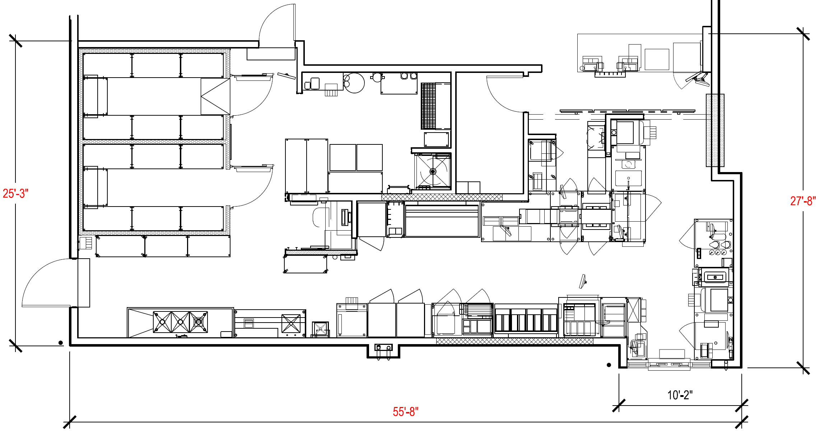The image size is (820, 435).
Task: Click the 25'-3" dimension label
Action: tap(15, 194)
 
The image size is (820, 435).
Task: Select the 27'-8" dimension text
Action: tap(803, 201)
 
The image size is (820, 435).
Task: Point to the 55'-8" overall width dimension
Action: tap(405, 412)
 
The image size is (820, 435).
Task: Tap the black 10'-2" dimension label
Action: tap(680, 395)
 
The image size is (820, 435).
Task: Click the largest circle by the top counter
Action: tap(355, 83)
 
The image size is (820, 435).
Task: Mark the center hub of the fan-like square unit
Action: tap(433, 172)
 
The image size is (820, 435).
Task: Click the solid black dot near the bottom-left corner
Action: tap(61, 343)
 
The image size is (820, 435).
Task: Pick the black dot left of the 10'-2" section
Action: tap(609, 365)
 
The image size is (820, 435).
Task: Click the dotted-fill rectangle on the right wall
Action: tap(715, 130)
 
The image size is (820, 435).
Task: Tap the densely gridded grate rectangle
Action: tap(428, 106)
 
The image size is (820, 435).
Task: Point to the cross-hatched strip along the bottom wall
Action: tap(514, 341)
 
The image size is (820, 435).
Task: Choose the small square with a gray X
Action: tap(320, 329)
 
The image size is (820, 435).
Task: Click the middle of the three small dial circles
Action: tap(718, 253)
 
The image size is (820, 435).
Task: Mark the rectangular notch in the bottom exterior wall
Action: tap(383, 351)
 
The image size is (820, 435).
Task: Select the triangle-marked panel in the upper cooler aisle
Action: tap(215, 97)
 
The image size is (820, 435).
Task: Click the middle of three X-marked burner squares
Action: tap(180, 322)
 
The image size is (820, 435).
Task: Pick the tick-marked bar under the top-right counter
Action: tap(610, 74)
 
